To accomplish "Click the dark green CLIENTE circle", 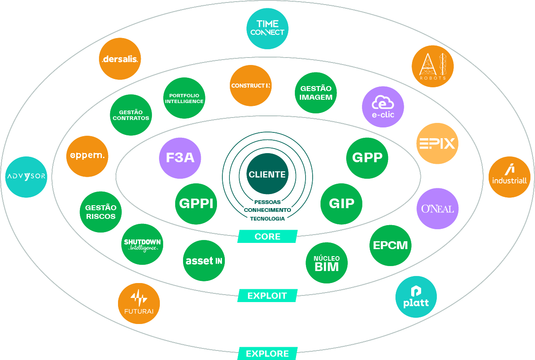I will click(x=267, y=174).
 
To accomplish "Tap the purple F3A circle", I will click(x=180, y=158).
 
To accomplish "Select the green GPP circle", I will click(x=367, y=158).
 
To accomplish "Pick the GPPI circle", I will click(x=196, y=204).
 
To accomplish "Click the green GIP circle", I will click(x=341, y=204).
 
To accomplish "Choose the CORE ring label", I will click(x=267, y=237).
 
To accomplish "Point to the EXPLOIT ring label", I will click(x=267, y=295).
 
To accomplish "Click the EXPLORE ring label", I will click(x=267, y=353).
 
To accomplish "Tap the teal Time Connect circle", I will click(x=267, y=29).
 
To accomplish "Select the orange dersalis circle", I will click(x=120, y=59).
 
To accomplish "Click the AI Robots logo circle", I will click(x=432, y=66).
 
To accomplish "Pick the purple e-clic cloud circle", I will click(x=383, y=107).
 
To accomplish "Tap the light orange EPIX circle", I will click(x=437, y=144).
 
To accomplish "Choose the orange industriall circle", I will click(x=509, y=177).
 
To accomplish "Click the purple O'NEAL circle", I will click(x=437, y=209).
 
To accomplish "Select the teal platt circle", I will click(x=416, y=297).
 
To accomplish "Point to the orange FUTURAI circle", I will click(x=139, y=303).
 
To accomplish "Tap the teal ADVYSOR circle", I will click(x=27, y=177).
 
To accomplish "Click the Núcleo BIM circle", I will click(x=326, y=263).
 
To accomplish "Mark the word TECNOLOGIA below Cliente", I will click(x=267, y=218).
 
